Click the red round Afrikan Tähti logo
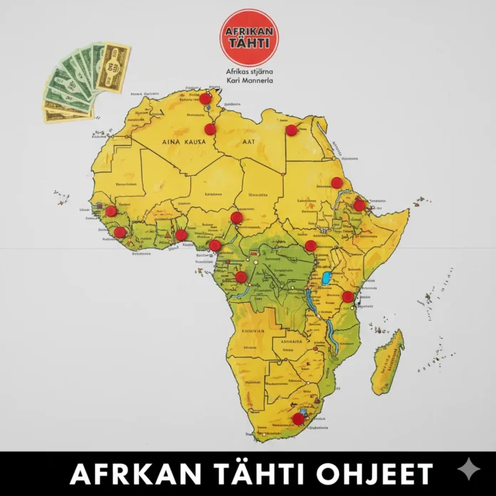click(x=249, y=37)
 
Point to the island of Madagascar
click(x=388, y=354)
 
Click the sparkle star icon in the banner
click(x=467, y=471)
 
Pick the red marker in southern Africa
click(x=298, y=418)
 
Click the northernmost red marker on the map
click(x=205, y=98)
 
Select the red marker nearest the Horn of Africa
click(x=359, y=205)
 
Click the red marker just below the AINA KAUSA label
click(x=210, y=129)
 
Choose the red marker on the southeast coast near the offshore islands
click(x=348, y=296)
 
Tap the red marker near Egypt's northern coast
click(x=291, y=130)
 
